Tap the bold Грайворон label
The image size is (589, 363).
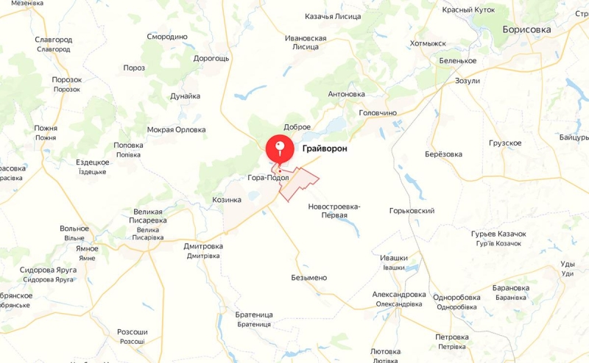[324, 149]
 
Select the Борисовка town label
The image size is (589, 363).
[526, 29]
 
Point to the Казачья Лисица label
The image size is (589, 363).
[333, 16]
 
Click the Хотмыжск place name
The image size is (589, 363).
[428, 44]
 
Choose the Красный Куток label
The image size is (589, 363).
[468, 10]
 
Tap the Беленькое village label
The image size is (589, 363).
[457, 61]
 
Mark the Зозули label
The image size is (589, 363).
[468, 81]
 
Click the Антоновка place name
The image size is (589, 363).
[346, 94]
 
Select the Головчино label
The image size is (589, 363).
[378, 113]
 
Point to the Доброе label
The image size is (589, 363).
[297, 127]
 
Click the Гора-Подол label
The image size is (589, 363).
[268, 178]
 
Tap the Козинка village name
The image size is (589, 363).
[227, 200]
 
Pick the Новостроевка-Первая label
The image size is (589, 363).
[334, 212]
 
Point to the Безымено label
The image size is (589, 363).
[309, 278]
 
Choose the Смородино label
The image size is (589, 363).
[167, 37]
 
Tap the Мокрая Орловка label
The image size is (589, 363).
[176, 130]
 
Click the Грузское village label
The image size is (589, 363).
[505, 143]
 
